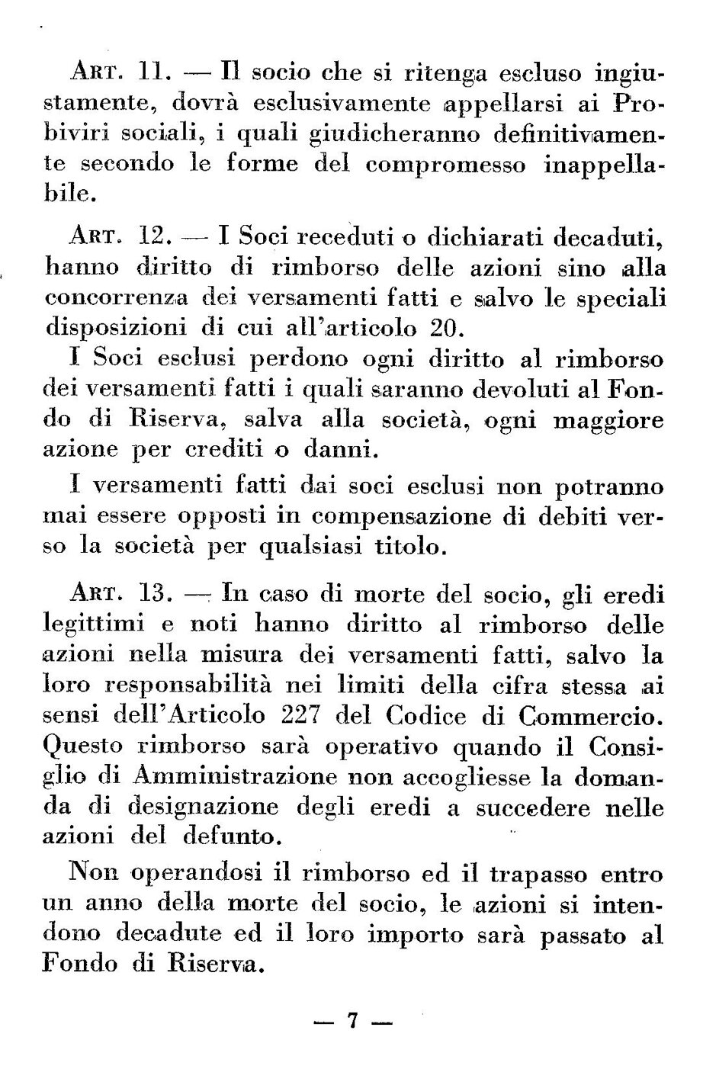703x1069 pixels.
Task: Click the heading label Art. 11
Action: (124, 74)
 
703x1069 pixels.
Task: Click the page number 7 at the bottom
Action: (352, 1021)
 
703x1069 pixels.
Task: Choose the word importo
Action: (412, 936)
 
